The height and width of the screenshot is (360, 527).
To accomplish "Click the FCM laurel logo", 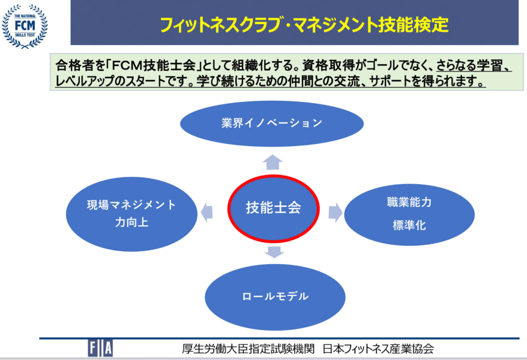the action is click(25, 26).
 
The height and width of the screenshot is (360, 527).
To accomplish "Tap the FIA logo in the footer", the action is click(100, 348).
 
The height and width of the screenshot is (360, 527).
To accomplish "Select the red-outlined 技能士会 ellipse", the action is click(273, 208).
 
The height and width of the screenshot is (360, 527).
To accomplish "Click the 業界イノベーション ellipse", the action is click(272, 123).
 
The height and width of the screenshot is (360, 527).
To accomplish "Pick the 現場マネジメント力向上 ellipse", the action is click(131, 214).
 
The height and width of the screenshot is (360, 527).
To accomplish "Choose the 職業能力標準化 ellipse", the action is click(409, 214).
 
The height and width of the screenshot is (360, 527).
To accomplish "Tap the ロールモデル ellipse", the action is click(275, 297).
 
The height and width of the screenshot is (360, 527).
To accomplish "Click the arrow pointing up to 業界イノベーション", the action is click(273, 162).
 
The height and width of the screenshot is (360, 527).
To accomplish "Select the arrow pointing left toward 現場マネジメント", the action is click(207, 212).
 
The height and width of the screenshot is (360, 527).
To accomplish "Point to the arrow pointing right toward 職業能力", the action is click(336, 212).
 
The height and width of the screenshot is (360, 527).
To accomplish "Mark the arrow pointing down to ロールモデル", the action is click(274, 252).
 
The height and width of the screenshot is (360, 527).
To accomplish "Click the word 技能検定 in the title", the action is click(413, 25).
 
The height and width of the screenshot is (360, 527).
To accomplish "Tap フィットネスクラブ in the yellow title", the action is click(220, 25).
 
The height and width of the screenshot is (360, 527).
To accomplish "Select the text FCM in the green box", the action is click(127, 65).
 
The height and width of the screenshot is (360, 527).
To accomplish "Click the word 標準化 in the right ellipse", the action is click(409, 225).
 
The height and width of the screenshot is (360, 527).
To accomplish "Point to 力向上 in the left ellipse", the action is click(131, 222).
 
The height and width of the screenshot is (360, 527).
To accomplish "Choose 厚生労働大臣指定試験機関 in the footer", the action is click(248, 349).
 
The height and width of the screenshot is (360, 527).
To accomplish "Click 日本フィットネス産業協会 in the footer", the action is click(378, 349).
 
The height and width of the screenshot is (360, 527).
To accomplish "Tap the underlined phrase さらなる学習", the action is click(469, 65).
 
